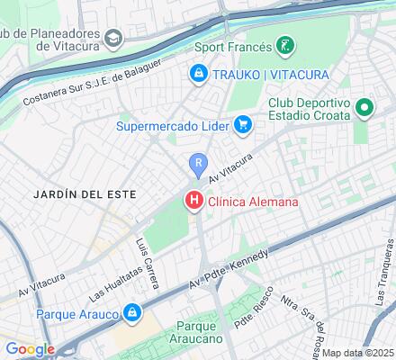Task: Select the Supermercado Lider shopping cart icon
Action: (242, 125)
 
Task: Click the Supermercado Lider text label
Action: (172, 125)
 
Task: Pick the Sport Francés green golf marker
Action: (283, 45)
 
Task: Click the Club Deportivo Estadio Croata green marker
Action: (364, 110)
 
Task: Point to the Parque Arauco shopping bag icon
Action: (131, 314)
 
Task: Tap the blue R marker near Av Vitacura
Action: (197, 163)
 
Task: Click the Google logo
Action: (30, 349)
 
